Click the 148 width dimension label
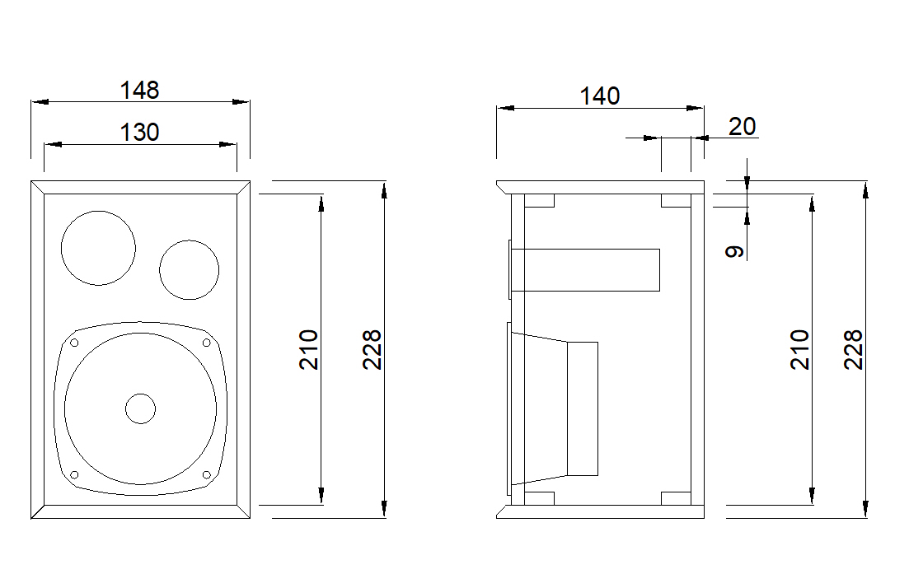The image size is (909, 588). [x=139, y=90]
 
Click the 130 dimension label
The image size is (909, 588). [x=139, y=132]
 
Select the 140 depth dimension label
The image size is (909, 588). [x=600, y=96]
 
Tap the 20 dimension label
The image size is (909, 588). [x=742, y=126]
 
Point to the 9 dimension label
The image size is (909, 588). [x=735, y=251]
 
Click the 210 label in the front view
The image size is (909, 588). [x=308, y=349]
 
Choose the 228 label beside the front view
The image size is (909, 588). [x=372, y=349]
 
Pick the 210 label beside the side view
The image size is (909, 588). [x=799, y=349]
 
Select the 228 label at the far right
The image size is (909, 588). [x=853, y=349]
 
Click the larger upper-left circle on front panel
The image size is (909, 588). [x=99, y=211]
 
